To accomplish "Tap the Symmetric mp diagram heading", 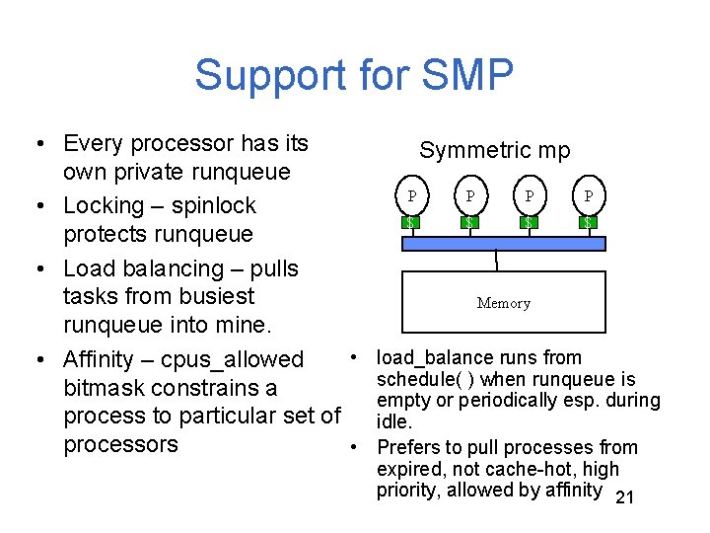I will [494, 150].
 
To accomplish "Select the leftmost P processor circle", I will [411, 195].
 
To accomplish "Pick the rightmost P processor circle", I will [589, 195].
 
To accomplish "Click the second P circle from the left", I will [470, 195].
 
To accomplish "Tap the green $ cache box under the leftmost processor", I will [411, 222].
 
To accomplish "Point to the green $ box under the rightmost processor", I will [589, 222].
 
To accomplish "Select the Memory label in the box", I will [504, 303].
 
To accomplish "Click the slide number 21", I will [623, 498].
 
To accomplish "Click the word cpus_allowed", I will [232, 360].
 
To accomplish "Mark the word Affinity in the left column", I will [102, 360].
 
